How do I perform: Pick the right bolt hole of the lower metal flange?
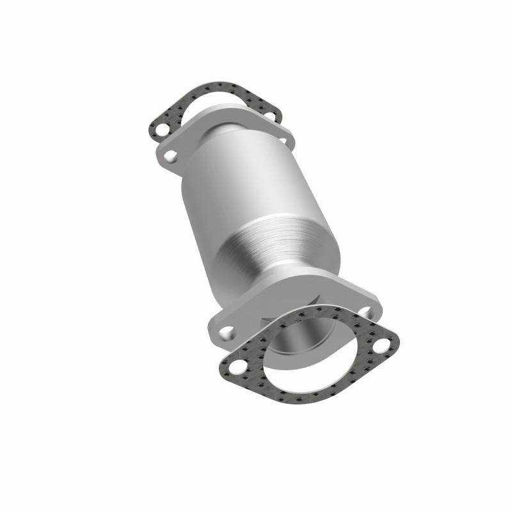pos(365,311)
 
